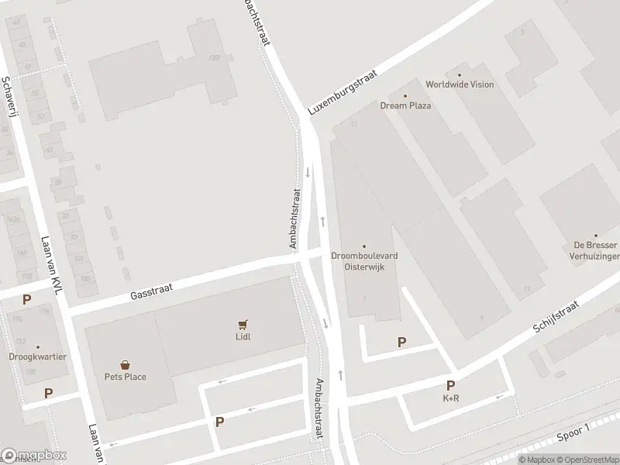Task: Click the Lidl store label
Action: (x=243, y=336)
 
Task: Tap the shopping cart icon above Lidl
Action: (x=243, y=325)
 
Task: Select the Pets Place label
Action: (x=126, y=377)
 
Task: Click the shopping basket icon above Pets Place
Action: (x=125, y=364)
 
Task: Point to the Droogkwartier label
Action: (x=37, y=357)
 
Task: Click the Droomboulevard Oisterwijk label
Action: (x=363, y=261)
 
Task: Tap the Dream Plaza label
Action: (x=405, y=105)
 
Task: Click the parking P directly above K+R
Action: (x=449, y=385)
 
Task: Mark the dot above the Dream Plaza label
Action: (x=405, y=96)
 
